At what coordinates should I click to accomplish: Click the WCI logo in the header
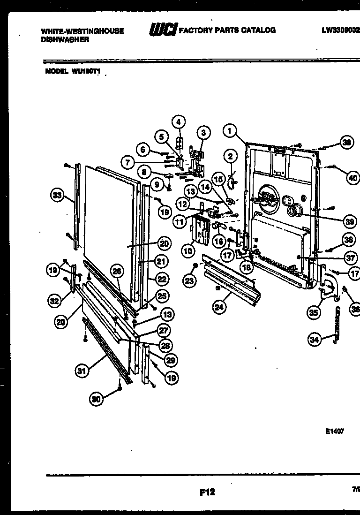[162, 30]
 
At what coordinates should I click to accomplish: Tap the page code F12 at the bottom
[207, 492]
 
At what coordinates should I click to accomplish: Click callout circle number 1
[229, 130]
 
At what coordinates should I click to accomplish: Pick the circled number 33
[57, 196]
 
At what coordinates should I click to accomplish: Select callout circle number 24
[218, 308]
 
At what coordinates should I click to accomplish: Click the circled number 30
[97, 399]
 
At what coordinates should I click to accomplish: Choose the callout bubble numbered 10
[188, 251]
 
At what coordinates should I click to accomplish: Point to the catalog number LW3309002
[340, 30]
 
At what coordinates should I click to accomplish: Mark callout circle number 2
[230, 156]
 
